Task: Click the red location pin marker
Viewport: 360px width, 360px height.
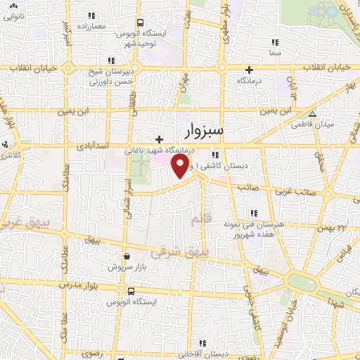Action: click(181, 166)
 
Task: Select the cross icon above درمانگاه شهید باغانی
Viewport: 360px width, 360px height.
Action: click(160, 140)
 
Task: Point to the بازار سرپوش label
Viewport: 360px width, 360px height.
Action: click(126, 267)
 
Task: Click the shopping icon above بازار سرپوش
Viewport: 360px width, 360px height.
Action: click(126, 257)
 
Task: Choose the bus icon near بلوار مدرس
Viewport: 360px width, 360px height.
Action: click(130, 290)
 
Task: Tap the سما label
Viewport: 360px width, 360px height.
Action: click(274, 53)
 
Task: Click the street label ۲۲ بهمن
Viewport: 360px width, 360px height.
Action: click(342, 227)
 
